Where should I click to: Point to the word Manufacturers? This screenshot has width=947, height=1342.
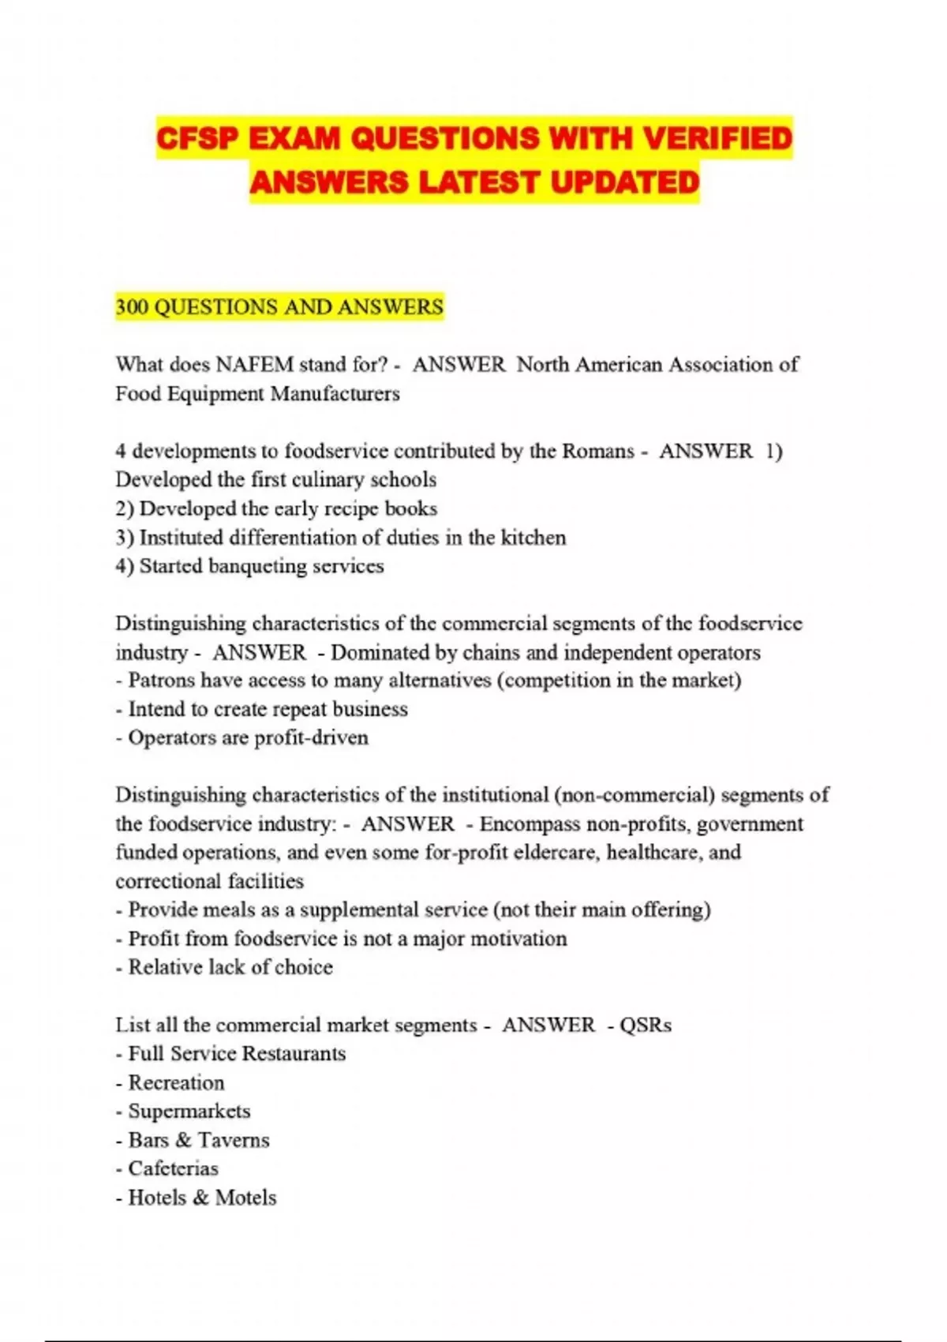(335, 393)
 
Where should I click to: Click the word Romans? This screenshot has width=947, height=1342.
(597, 451)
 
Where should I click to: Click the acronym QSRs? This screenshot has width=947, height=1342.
(646, 1025)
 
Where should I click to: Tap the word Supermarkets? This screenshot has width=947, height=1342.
(189, 1111)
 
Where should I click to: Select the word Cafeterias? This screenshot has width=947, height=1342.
(174, 1168)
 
